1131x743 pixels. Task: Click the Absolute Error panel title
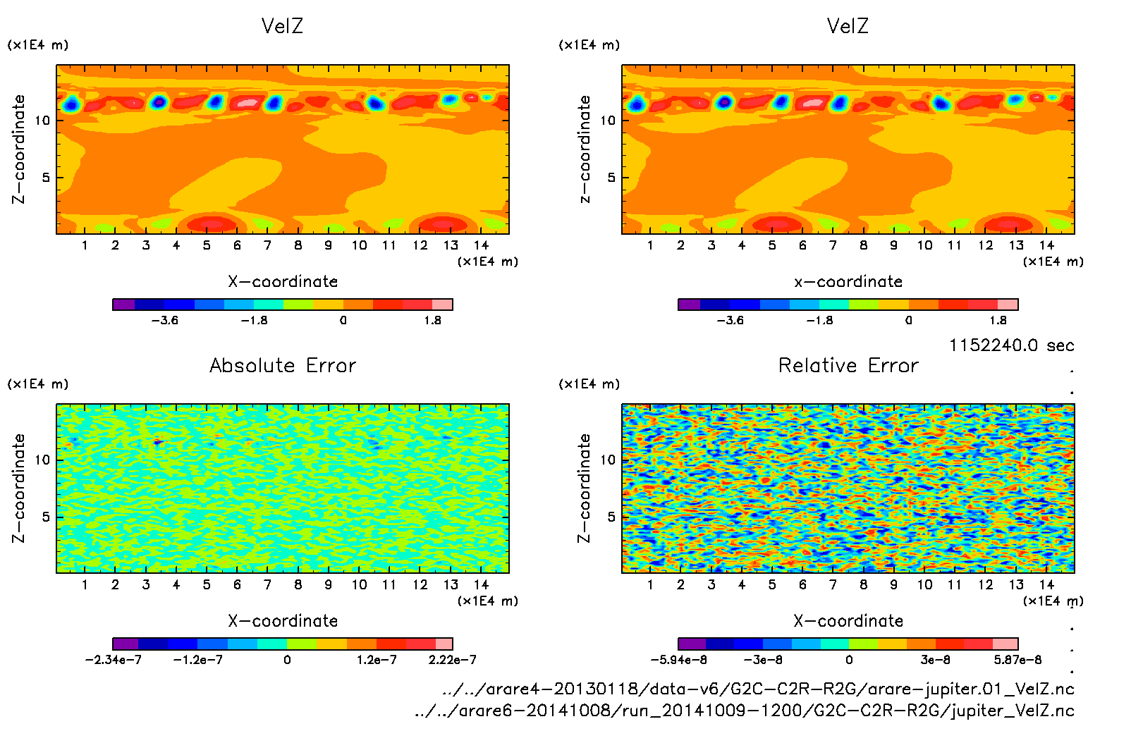[x=283, y=365]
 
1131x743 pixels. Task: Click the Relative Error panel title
[x=848, y=365]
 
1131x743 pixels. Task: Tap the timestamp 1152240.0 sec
[x=1011, y=345]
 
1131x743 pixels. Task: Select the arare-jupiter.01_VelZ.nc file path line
[x=758, y=689]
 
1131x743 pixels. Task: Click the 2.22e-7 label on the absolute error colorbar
[x=452, y=660]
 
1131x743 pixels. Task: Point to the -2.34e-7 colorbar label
[x=114, y=660]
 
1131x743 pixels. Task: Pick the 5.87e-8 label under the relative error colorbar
[x=1017, y=660]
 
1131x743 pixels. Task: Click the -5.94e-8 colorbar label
[x=679, y=660]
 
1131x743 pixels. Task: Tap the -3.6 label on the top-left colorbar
[x=165, y=320]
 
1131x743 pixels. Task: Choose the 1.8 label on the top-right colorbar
[x=998, y=320]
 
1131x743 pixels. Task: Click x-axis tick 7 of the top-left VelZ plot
[x=267, y=245]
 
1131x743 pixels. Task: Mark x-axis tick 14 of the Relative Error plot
[x=1046, y=584]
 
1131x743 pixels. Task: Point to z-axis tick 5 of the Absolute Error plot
[x=46, y=517]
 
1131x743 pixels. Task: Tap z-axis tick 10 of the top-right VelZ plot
[x=608, y=121]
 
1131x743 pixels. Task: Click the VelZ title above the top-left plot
[x=282, y=26]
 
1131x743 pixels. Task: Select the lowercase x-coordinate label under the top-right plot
[x=848, y=281]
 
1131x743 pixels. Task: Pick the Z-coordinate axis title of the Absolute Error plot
[x=19, y=488]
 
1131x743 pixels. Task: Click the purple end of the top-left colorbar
[x=124, y=305]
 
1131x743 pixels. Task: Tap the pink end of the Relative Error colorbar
[x=1005, y=644]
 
